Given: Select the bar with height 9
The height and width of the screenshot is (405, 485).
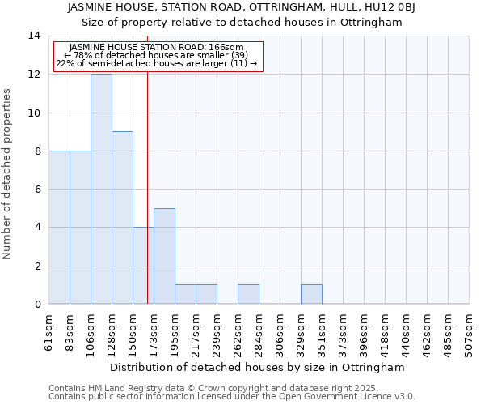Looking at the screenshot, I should (122, 218).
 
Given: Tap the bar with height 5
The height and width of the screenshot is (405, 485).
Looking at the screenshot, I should (164, 256).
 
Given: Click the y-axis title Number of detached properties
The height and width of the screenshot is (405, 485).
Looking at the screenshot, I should (8, 174).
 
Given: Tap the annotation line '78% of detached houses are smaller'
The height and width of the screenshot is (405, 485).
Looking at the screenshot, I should (157, 55).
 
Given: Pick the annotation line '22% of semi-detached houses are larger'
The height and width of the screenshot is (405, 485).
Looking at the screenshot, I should (157, 63).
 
